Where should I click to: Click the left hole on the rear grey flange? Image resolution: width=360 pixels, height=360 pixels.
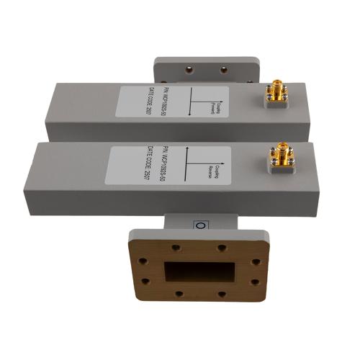tap(189, 71)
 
